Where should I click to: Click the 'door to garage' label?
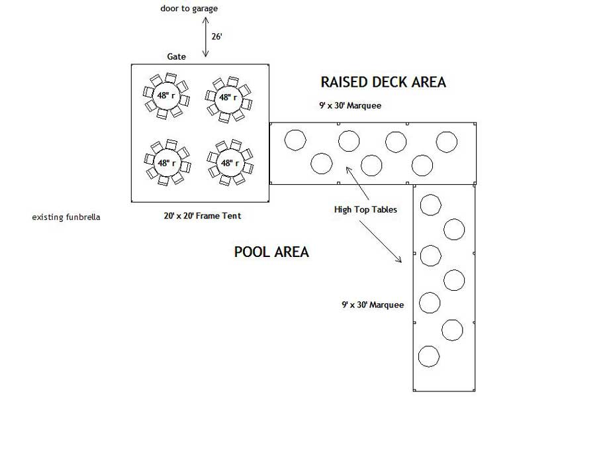(189, 9)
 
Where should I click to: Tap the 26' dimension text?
(216, 36)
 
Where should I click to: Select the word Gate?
(176, 57)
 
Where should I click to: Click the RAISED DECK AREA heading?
(383, 82)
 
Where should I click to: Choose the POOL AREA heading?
(271, 252)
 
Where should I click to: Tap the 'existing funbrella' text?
(66, 217)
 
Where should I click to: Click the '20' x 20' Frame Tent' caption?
(203, 215)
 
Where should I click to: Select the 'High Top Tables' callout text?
(365, 210)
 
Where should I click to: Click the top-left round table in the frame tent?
(165, 96)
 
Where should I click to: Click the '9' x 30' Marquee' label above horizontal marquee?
(350, 105)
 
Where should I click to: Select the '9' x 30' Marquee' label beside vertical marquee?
(373, 305)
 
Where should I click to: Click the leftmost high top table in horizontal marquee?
(295, 140)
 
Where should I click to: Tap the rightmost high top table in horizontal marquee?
(447, 142)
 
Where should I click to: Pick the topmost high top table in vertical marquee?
(431, 205)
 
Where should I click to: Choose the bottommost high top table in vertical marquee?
(429, 356)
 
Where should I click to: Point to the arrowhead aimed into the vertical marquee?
(400, 260)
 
